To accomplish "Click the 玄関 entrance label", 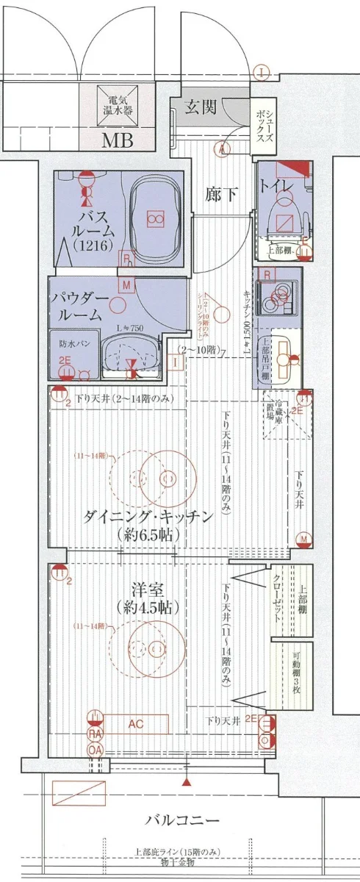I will point(200,108).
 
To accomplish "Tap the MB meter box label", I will point(117,140).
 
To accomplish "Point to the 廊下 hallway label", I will point(221,194).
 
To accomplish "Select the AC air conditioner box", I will point(135,724).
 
